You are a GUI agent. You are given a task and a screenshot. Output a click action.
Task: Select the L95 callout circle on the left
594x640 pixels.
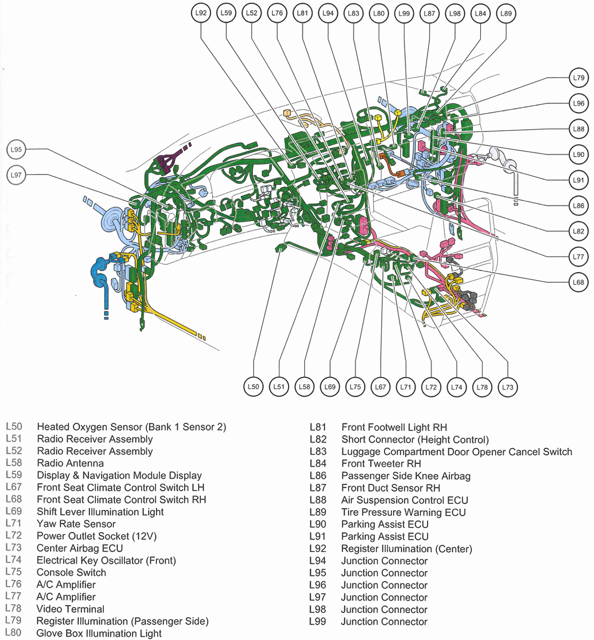pos(17,150)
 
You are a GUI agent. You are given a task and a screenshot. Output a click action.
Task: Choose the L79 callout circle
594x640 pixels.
pos(578,77)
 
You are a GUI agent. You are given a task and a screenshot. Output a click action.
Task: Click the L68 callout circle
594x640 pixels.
pos(578,282)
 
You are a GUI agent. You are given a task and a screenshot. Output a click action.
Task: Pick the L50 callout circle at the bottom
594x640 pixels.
pos(254,387)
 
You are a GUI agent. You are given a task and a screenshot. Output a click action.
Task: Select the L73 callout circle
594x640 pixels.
pos(507,387)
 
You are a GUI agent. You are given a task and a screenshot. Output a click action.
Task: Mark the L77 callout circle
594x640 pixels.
pos(578,257)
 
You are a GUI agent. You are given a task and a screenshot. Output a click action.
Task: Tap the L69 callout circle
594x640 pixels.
pos(329,387)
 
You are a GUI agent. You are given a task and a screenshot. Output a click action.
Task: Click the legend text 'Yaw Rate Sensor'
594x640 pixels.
pos(76,524)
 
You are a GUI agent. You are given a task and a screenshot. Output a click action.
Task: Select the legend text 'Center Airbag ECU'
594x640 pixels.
pos(80,548)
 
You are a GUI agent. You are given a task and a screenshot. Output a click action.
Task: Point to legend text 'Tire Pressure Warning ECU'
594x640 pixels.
pos(403,512)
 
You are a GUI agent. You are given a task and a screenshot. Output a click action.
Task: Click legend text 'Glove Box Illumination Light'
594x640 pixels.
pos(99,633)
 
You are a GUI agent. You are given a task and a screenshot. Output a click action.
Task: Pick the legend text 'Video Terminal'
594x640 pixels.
pos(70,609)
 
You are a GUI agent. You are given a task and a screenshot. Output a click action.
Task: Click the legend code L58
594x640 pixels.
pos(14,463)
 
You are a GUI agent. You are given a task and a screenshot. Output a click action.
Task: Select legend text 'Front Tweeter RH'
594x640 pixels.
pos(381,464)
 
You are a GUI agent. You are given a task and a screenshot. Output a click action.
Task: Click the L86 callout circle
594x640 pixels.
pos(578,205)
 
